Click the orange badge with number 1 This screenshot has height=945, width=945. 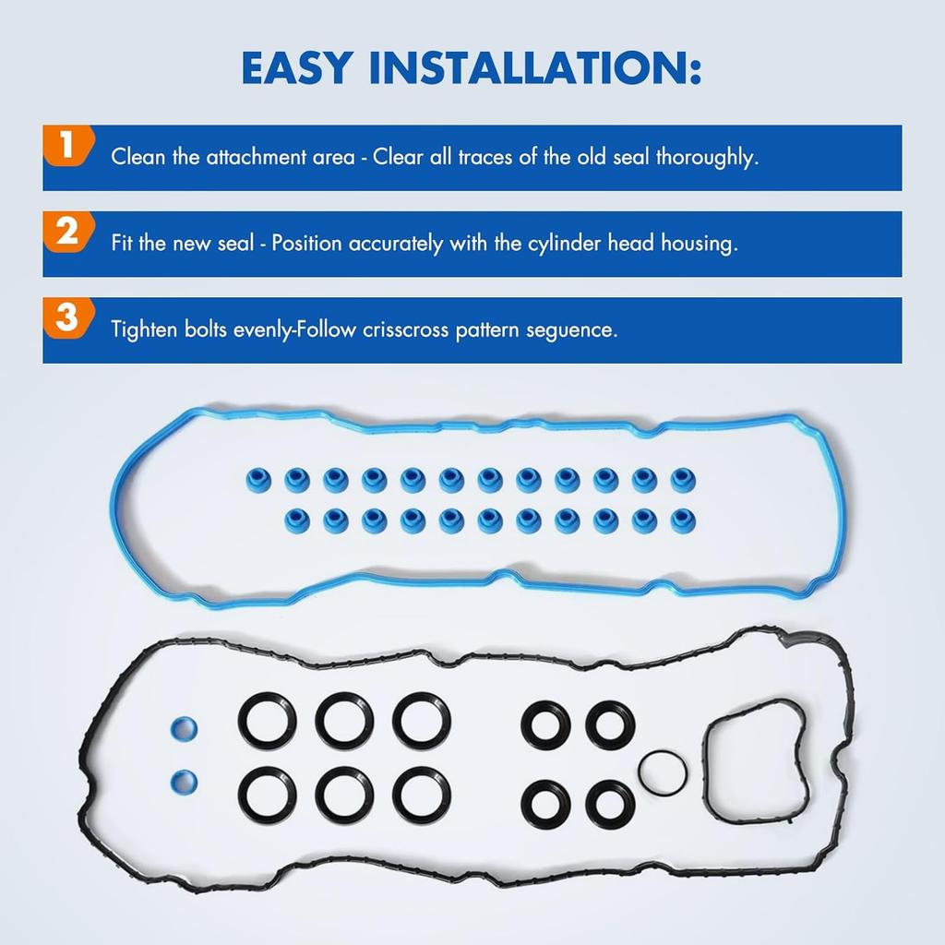pos(66,146)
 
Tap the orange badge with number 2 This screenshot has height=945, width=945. pos(66,232)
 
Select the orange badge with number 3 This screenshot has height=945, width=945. pos(66,318)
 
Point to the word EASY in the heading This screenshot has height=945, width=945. pos(295,67)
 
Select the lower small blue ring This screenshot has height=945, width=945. pos(184,783)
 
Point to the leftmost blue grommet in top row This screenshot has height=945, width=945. pos(258,478)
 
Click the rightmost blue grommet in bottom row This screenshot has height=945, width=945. pos(683,519)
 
